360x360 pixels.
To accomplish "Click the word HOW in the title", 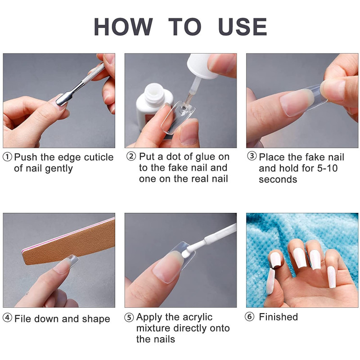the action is pyautogui.click(x=123, y=27).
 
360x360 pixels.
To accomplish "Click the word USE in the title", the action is pyautogui.click(x=243, y=27).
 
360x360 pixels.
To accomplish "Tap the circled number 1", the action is pyautogui.click(x=7, y=157).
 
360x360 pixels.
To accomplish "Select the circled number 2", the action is pyautogui.click(x=131, y=156).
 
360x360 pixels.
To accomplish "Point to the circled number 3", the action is pyautogui.click(x=252, y=156).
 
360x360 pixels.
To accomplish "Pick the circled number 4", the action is pyautogui.click(x=7, y=318).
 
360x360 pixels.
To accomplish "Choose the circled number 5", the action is pyautogui.click(x=129, y=318).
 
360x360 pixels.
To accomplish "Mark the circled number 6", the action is pyautogui.click(x=250, y=317).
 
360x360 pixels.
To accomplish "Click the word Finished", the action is pyautogui.click(x=278, y=317).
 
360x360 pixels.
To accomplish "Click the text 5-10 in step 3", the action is pyautogui.click(x=327, y=168).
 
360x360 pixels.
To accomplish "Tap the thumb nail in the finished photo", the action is pyautogui.click(x=270, y=281).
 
